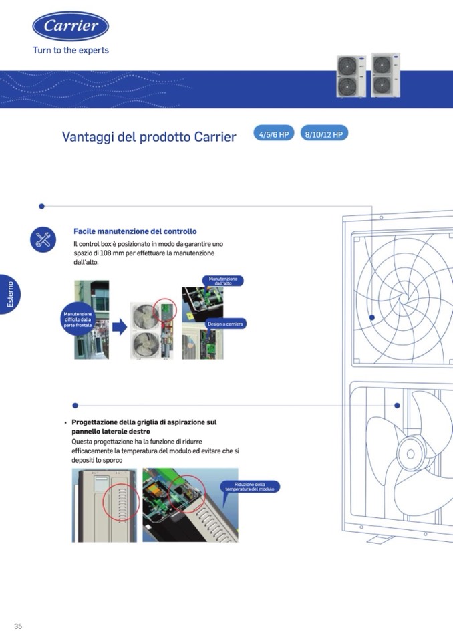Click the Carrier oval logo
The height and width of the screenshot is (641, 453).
coord(71,26)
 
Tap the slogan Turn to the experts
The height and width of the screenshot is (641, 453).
coord(71,50)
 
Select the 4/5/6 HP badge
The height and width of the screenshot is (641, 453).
coord(274,134)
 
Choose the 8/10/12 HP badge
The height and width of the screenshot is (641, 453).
coord(324,134)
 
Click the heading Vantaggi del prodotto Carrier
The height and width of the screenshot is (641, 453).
coord(149,136)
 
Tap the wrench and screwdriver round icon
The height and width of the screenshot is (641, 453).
coord(43,239)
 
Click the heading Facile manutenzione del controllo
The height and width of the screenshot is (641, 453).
coord(135,231)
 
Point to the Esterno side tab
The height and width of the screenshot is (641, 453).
coord(10,294)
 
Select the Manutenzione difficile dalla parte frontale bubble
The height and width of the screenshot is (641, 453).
coord(78,319)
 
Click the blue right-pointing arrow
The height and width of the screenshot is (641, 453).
coord(120,327)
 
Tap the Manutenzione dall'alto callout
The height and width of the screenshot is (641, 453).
coord(223,281)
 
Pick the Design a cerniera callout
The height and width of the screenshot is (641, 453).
coord(225,324)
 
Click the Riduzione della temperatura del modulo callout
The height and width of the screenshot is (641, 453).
coord(250,487)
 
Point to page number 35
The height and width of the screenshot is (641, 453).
coord(18,626)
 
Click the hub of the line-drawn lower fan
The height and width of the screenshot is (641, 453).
coord(411,454)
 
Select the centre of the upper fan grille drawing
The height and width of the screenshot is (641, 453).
coord(404,299)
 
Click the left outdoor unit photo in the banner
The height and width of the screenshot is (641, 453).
coord(351,76)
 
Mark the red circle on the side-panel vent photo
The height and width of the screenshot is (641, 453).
coord(121,502)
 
